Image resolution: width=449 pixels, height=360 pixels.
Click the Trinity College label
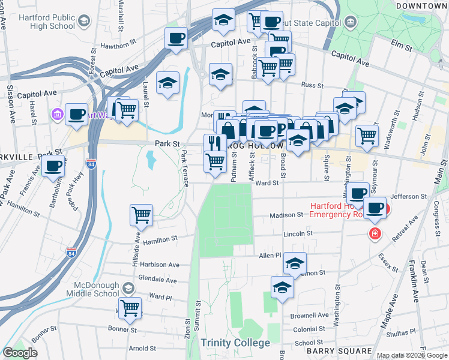click(235, 343)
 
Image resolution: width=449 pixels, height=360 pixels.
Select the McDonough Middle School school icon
click(127, 289)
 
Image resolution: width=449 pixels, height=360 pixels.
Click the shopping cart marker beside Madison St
click(141, 214)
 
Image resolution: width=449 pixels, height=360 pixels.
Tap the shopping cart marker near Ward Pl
click(130, 307)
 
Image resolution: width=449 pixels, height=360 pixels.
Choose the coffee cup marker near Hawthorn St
click(176, 39)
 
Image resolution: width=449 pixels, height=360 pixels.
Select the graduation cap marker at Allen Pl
click(295, 263)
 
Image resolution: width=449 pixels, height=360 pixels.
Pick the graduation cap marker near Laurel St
click(167, 82)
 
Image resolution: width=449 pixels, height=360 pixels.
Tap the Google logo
click(20, 353)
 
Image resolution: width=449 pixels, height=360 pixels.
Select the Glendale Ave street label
click(158, 280)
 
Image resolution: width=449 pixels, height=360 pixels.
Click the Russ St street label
click(313, 85)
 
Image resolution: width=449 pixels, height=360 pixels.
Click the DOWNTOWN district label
click(421, 5)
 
